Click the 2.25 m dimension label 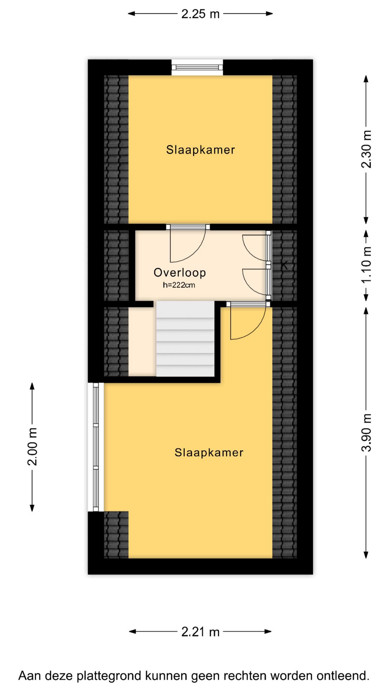[200, 14]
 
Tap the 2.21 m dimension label [200, 632]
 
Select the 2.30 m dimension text [366, 149]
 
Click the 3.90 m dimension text [366, 432]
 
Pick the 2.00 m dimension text [32, 447]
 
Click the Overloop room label [180, 272]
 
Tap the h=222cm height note [179, 285]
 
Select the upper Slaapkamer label [201, 150]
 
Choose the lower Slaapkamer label [209, 452]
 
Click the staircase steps [185, 339]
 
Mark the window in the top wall [197, 67]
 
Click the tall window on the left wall [96, 447]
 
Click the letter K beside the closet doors [285, 266]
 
